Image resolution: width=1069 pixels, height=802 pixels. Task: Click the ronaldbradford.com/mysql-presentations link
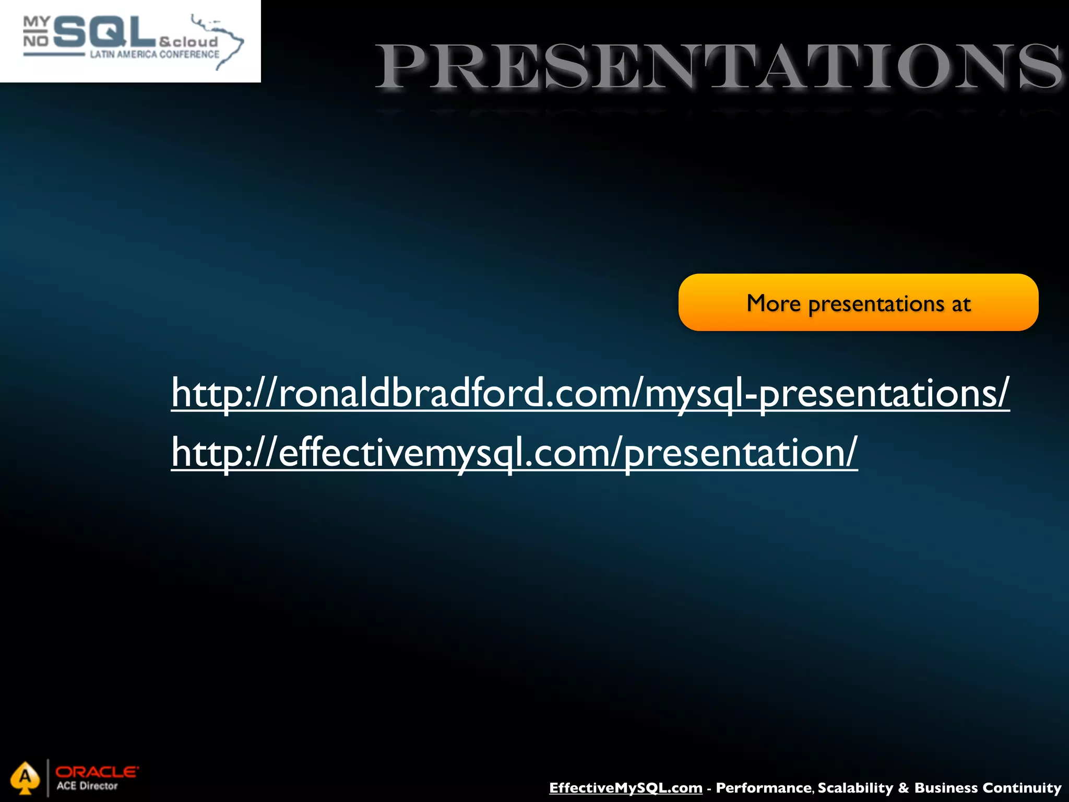[x=590, y=393]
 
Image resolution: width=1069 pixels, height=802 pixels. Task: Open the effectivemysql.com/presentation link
[x=514, y=453]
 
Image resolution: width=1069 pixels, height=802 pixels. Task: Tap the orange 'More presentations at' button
[x=858, y=303]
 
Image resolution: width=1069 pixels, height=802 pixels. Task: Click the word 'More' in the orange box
[x=773, y=303]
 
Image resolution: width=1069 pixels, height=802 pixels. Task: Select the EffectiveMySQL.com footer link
[x=625, y=788]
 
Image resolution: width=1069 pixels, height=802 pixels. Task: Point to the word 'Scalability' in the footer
[x=856, y=788]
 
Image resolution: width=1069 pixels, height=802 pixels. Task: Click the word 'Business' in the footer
[x=946, y=788]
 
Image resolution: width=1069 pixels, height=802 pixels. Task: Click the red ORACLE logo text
[x=97, y=772]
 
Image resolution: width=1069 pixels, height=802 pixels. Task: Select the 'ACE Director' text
[x=87, y=786]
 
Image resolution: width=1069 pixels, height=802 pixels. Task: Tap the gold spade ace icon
[x=25, y=779]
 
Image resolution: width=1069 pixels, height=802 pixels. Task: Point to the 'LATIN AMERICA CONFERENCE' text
[x=155, y=54]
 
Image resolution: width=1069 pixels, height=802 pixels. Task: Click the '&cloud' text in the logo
[x=188, y=42]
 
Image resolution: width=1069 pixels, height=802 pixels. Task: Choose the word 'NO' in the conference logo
[x=35, y=41]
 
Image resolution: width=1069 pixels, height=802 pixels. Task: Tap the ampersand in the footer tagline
[x=904, y=788]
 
